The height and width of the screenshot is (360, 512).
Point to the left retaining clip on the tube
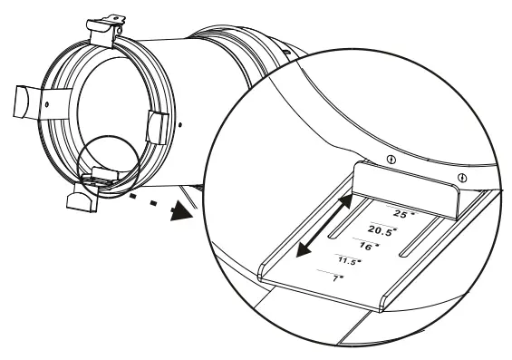29,102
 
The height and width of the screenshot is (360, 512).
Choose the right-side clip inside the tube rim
154,126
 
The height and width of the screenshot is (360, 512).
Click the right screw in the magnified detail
463,176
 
